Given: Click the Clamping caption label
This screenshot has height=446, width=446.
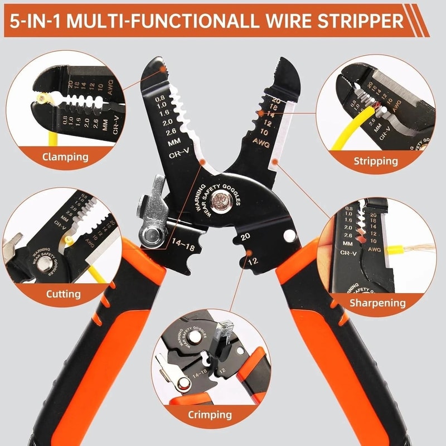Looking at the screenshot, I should (x=65, y=156).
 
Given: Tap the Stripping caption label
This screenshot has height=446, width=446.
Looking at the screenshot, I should (x=375, y=161).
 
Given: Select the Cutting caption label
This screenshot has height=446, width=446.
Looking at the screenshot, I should (x=63, y=293).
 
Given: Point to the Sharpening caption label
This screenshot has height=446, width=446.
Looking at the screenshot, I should (x=377, y=303).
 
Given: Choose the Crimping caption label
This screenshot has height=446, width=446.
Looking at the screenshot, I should (x=210, y=414).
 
